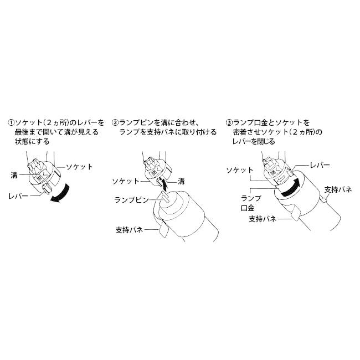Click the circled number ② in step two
coord(115,122)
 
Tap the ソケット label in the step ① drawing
coord(79,166)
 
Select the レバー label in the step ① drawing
coord(19,196)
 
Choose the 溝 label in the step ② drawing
coord(182,181)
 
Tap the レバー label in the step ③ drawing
coord(320,166)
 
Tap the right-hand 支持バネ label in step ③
coord(338,189)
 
